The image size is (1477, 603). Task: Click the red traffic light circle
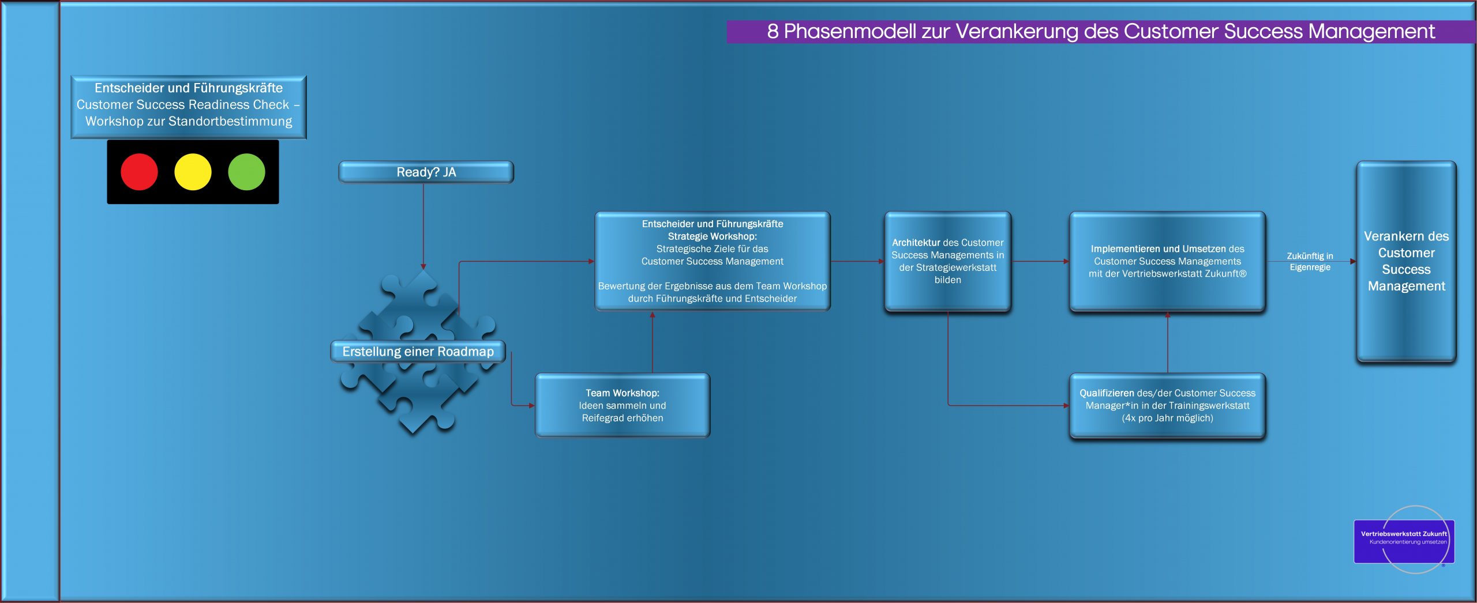coord(139,172)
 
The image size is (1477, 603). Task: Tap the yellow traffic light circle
coord(193,172)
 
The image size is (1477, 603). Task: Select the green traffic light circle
coord(246,172)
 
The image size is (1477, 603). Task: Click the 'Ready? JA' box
coord(426,172)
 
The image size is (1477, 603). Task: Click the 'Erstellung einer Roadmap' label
coord(418,351)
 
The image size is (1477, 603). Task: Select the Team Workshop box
coord(623,405)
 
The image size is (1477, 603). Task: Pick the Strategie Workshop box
coord(713,261)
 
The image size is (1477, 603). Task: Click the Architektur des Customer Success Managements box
coord(948,262)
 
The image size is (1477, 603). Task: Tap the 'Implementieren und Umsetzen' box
coord(1168,262)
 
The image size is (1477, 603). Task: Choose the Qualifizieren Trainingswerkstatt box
coord(1168,406)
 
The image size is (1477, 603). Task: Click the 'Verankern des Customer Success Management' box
coord(1407,262)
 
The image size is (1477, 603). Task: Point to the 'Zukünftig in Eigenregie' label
coord(1310,261)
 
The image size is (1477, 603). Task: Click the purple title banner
coord(1101,31)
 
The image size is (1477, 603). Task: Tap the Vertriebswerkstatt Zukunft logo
coord(1404,540)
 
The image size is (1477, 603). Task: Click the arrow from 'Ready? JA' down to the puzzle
coord(423,227)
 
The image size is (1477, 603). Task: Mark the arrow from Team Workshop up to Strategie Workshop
coord(653,342)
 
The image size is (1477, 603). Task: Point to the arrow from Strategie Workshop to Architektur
coord(857,261)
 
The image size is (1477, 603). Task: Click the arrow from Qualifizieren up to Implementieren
coord(1168,342)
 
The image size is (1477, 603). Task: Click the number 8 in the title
coord(773,31)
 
